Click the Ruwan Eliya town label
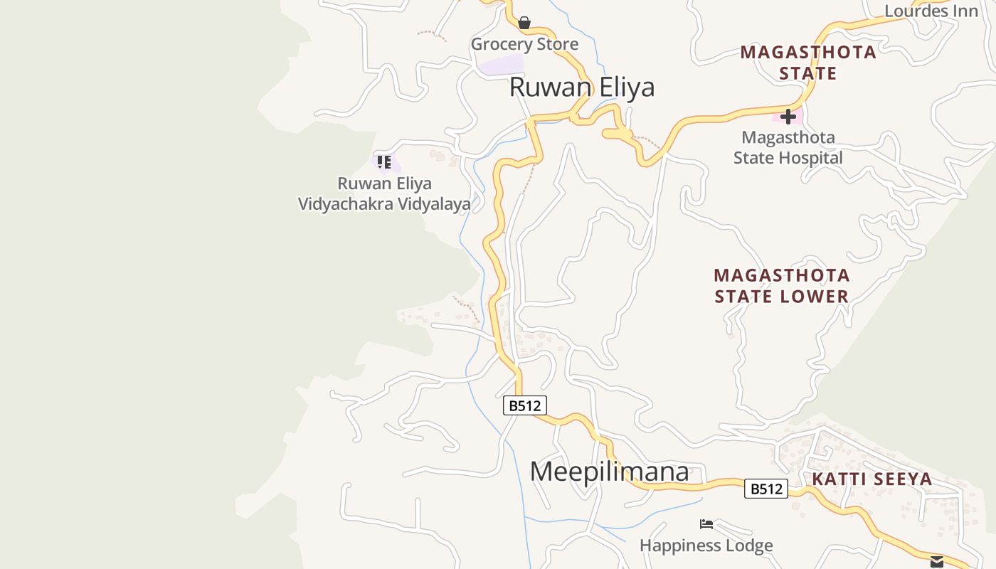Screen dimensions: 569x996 pos(582,87)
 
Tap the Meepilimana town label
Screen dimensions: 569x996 pos(610,472)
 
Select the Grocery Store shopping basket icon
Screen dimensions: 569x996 pos(524,23)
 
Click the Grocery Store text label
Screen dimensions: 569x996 pos(524,44)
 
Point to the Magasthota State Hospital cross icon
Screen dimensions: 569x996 pos(788,117)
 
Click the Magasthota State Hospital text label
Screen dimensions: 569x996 pos(788,147)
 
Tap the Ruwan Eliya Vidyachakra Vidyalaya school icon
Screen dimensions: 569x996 pos(384,162)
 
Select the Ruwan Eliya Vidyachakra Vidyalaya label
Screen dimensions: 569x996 pos(384,193)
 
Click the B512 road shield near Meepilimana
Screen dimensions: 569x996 pos(525,405)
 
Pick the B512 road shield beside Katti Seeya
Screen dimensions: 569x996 pos(766,489)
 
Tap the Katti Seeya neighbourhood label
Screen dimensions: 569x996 pos(872,479)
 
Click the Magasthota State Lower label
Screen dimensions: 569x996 pos(782,286)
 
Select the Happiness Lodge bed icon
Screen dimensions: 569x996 pos(706,524)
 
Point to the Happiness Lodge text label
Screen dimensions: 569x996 pos(706,546)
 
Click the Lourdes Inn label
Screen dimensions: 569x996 pos(931,11)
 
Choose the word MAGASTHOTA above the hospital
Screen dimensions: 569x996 pos(808,52)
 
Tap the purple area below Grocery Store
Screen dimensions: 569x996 pos(500,65)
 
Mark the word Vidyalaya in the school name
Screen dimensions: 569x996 pos(433,204)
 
